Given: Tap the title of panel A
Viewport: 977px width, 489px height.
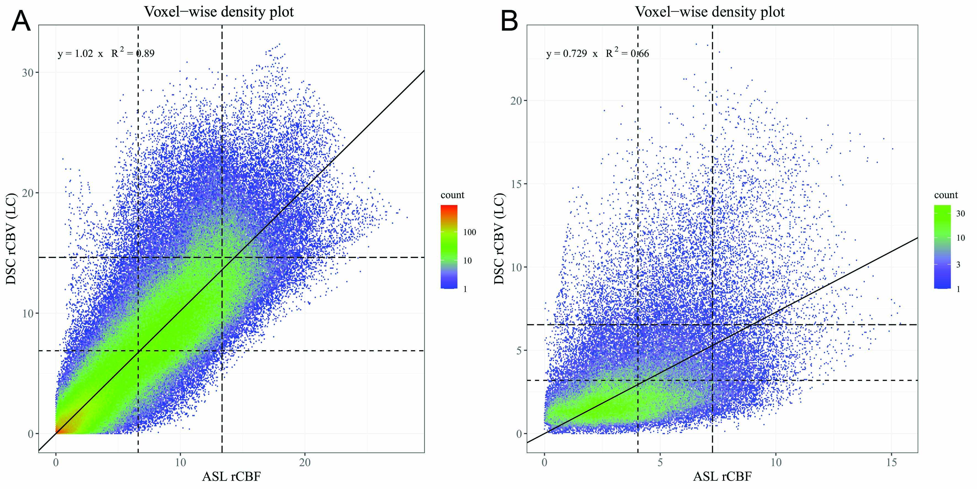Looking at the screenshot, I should pyautogui.click(x=219, y=12).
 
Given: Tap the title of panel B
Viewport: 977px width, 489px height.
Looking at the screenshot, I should pyautogui.click(x=710, y=12).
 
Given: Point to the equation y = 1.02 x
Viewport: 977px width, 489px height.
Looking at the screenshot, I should pyautogui.click(x=80, y=54).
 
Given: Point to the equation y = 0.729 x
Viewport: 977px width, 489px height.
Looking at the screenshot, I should pyautogui.click(x=572, y=54).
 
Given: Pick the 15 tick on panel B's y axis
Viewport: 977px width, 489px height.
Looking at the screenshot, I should pyautogui.click(x=516, y=184).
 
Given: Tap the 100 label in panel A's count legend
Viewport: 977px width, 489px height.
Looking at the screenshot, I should pyautogui.click(x=470, y=232).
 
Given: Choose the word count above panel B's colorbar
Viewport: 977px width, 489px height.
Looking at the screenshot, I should pyautogui.click(x=946, y=195).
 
